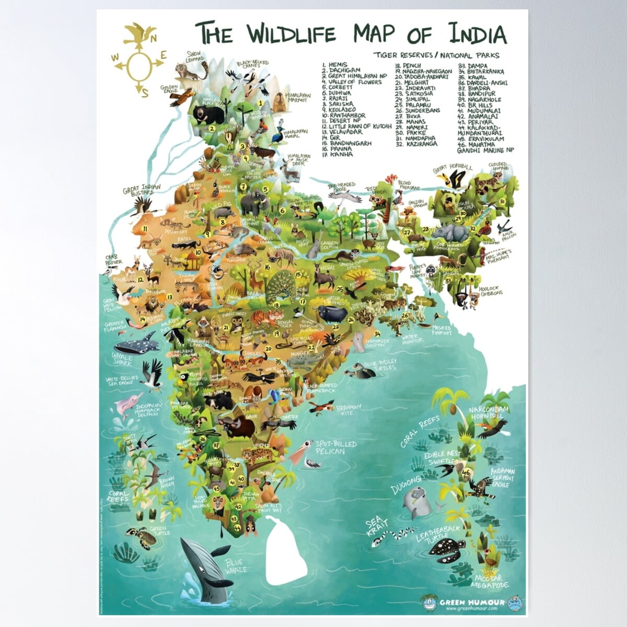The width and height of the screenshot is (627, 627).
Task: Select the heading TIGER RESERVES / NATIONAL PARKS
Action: [x=436, y=55]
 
